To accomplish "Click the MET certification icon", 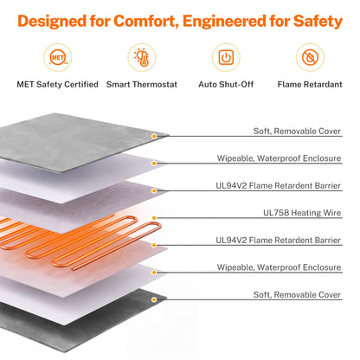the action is click(x=58, y=57).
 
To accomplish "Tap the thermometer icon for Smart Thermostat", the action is click(x=142, y=57).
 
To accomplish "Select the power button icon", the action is click(x=226, y=57).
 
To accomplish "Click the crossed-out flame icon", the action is click(x=310, y=57).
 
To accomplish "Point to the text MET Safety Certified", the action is click(x=57, y=84).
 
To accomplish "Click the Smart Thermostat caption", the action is click(x=142, y=84).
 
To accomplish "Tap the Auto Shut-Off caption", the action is click(x=226, y=84).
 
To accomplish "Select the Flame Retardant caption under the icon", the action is click(x=310, y=84).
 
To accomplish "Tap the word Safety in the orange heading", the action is click(x=318, y=22).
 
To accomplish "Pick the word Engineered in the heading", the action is click(x=224, y=22).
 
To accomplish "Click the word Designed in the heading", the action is click(x=52, y=22).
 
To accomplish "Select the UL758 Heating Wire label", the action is click(x=302, y=213).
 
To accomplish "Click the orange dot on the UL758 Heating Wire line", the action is click(x=154, y=218).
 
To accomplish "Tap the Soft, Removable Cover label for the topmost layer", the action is click(x=297, y=132).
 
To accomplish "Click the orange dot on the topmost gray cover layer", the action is click(x=154, y=136).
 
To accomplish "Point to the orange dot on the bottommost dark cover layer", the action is click(x=154, y=299).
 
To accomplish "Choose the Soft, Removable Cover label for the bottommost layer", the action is click(x=297, y=295).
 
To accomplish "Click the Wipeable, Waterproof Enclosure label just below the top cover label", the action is click(x=279, y=158).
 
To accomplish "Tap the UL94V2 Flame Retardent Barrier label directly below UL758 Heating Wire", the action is click(x=279, y=240).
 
